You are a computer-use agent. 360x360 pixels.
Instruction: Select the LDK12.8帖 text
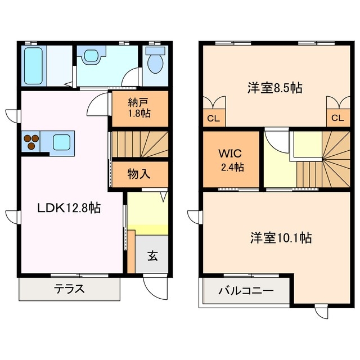click(69, 208)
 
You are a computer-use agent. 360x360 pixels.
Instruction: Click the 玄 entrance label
click(152, 255)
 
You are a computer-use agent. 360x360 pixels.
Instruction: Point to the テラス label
click(69, 290)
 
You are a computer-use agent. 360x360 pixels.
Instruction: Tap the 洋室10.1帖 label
click(281, 237)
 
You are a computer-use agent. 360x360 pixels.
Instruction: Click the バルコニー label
click(245, 291)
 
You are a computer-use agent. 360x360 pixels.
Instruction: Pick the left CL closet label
click(213, 118)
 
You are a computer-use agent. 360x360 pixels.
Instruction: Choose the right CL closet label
click(337, 118)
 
